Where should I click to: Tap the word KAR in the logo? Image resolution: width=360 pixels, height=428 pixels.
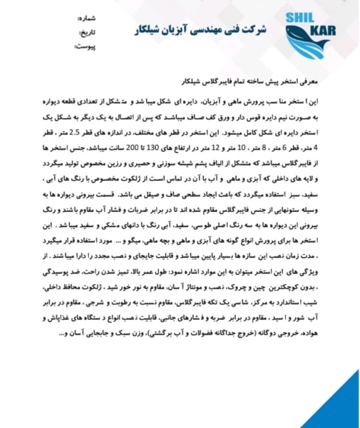click(322, 30)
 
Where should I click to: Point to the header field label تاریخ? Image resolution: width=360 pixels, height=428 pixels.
click(88, 33)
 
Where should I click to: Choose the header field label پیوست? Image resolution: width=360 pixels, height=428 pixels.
click(85, 46)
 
